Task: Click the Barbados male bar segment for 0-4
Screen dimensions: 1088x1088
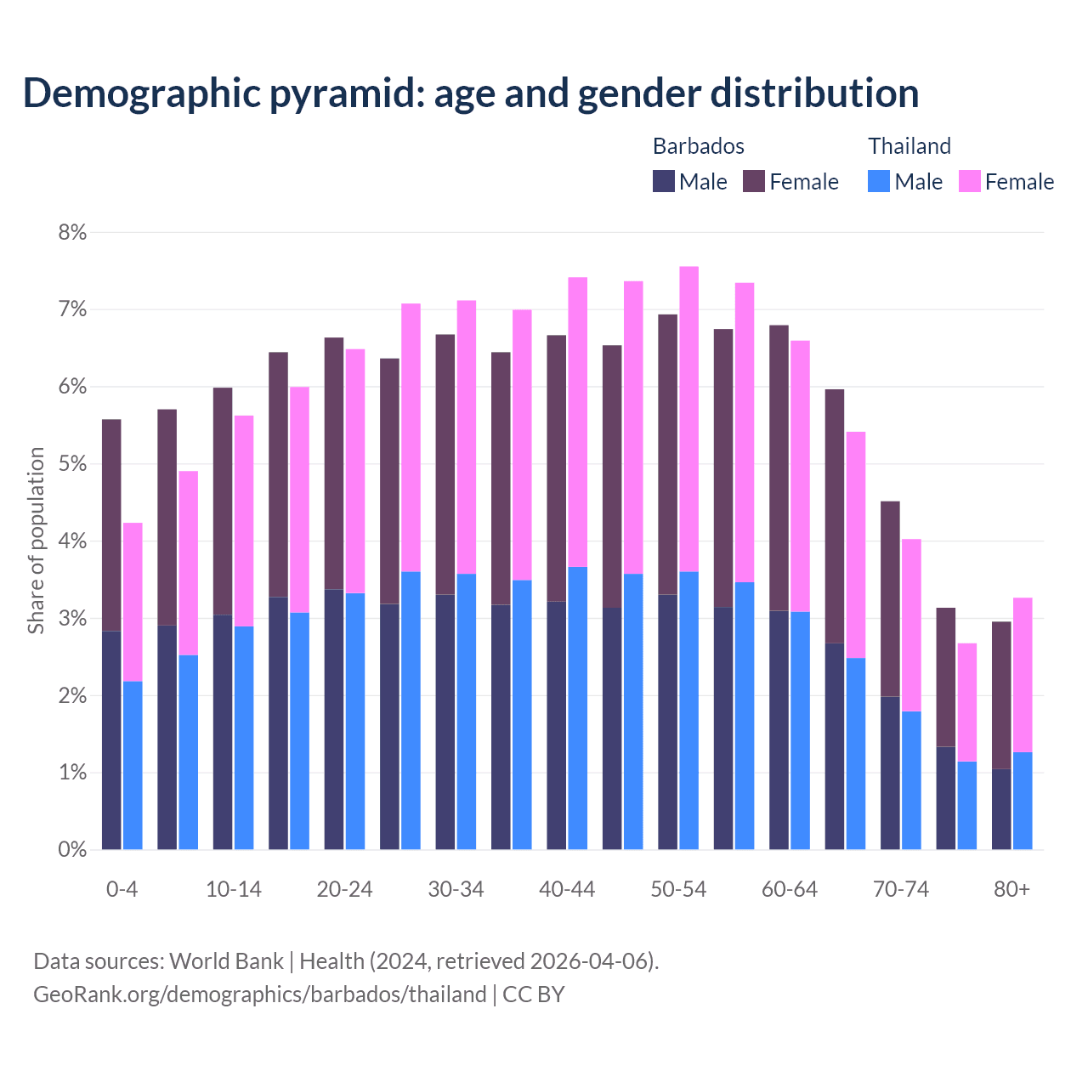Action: (111, 739)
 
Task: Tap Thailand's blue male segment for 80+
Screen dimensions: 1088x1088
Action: (1023, 801)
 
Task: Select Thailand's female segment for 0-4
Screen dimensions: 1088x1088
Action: (133, 602)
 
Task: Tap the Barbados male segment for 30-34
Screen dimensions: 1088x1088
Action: (445, 722)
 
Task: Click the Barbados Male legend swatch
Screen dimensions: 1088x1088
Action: (664, 181)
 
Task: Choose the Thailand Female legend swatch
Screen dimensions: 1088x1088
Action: (969, 181)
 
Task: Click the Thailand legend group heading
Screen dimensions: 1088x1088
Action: (909, 146)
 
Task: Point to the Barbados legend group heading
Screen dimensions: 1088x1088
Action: (698, 146)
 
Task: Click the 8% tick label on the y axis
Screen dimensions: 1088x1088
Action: (72, 232)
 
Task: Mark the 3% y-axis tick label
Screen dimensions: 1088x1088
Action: (72, 619)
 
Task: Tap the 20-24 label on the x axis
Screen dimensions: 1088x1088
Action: (344, 889)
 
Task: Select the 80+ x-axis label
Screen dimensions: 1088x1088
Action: (1011, 889)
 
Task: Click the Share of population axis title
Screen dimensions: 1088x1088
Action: (36, 541)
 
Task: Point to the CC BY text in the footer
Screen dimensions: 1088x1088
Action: (533, 994)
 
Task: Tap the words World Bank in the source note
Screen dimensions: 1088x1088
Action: (226, 961)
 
